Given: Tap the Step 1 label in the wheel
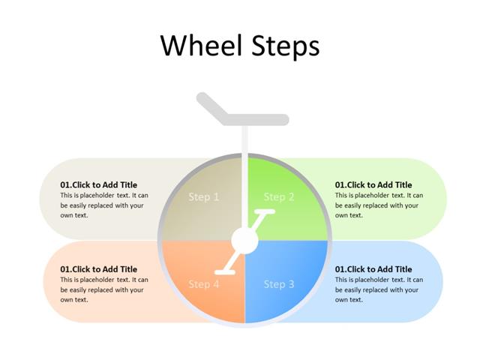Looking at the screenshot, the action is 204,197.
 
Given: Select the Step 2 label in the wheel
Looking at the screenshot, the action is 279,197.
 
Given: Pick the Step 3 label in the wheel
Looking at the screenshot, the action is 279,284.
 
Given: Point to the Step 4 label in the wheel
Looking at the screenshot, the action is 204,284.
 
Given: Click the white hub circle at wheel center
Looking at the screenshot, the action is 244,241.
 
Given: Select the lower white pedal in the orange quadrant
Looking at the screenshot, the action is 224,271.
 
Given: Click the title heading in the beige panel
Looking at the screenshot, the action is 99,184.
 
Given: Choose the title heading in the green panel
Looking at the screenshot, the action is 373,184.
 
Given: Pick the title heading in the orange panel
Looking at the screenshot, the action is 99,269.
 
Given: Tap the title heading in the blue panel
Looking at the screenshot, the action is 373,269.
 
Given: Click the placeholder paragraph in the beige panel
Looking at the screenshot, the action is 104,205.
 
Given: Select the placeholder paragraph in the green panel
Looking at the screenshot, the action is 379,205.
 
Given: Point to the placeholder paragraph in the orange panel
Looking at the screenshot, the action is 104,289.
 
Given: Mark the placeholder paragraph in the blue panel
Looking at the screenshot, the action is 379,289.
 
